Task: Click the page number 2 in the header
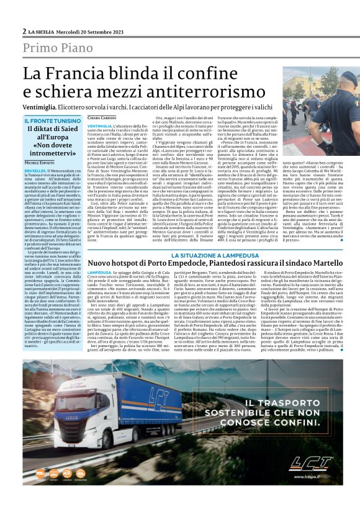(24, 31)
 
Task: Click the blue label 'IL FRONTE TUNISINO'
(52, 120)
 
